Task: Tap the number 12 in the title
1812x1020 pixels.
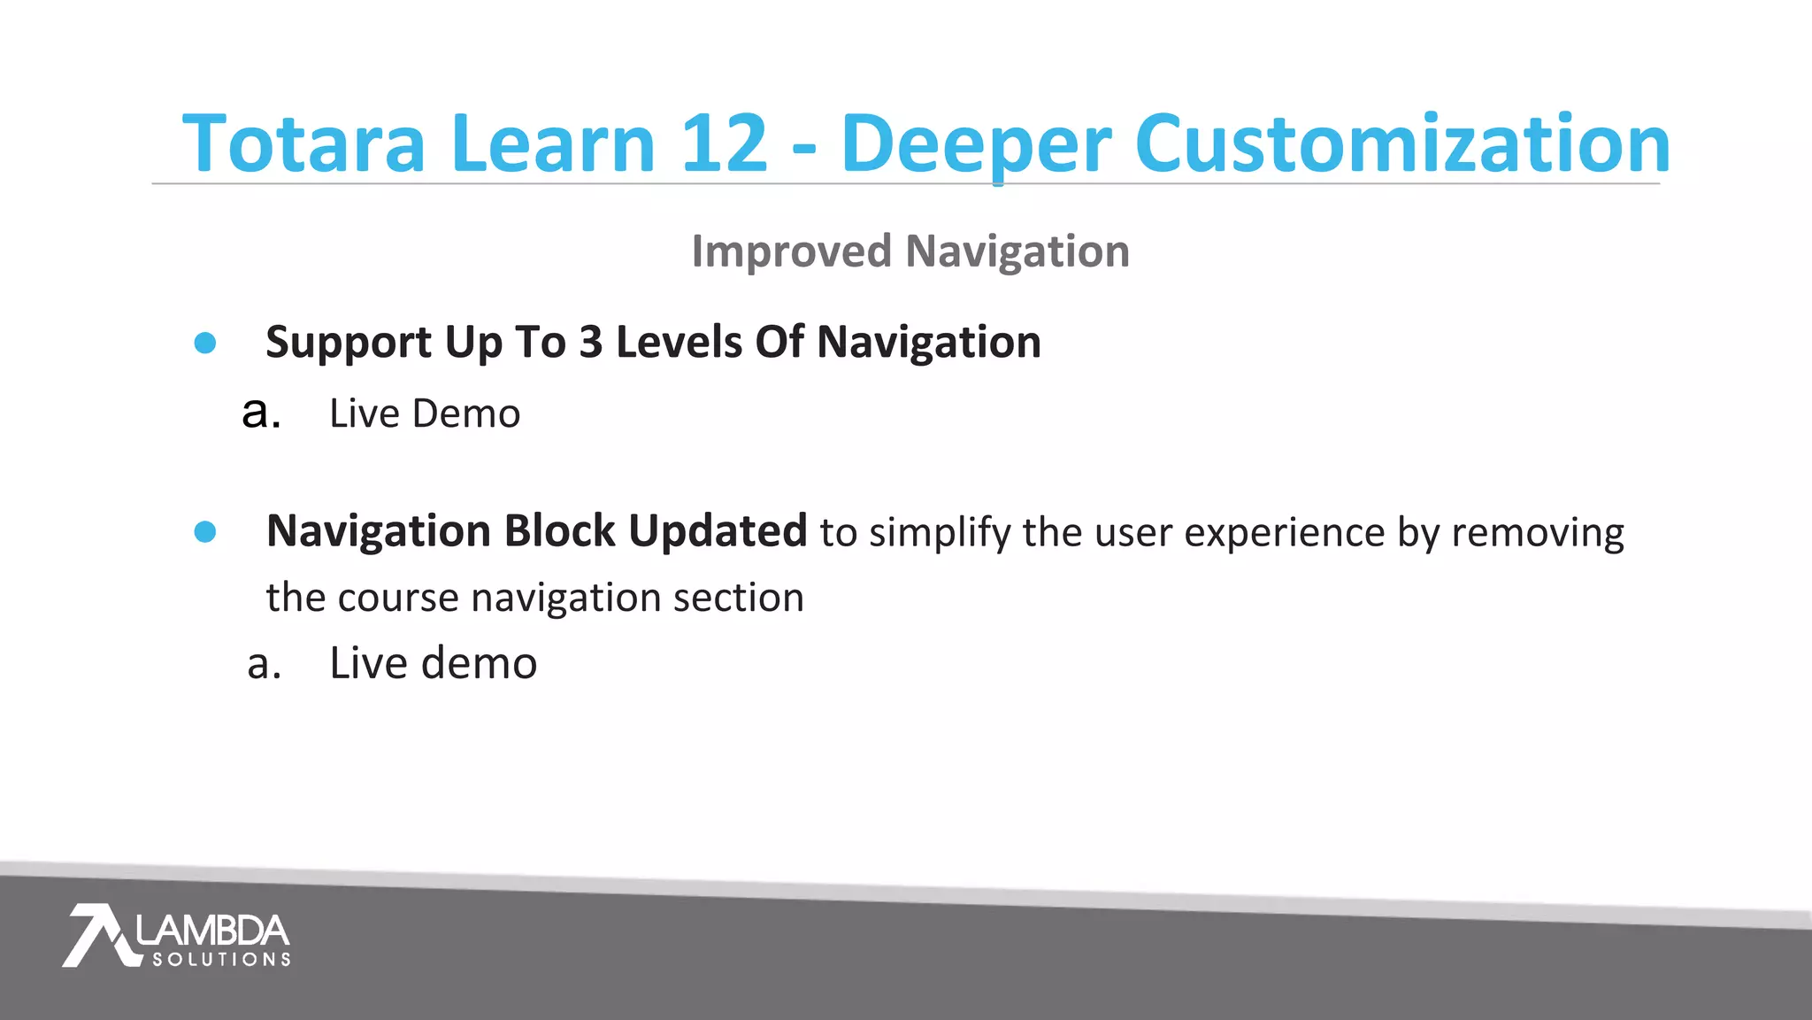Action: [723, 143]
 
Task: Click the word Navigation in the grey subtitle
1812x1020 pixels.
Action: [1017, 252]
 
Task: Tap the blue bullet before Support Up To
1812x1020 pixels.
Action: [205, 343]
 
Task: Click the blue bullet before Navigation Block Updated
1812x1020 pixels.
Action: [205, 531]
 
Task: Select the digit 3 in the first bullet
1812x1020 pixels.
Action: [590, 343]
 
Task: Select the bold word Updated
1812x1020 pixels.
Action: [718, 532]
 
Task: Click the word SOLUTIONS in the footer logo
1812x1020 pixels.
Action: [221, 959]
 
